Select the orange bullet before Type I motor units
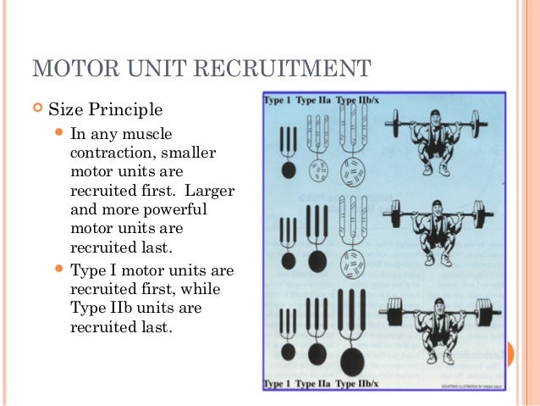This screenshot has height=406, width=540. point(58,270)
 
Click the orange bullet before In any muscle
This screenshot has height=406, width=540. point(58,134)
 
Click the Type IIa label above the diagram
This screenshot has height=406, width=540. point(311,101)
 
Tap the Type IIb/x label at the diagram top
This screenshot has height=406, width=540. point(357,101)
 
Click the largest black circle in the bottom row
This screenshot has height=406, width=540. point(351,361)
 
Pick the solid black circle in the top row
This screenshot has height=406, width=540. point(288,170)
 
